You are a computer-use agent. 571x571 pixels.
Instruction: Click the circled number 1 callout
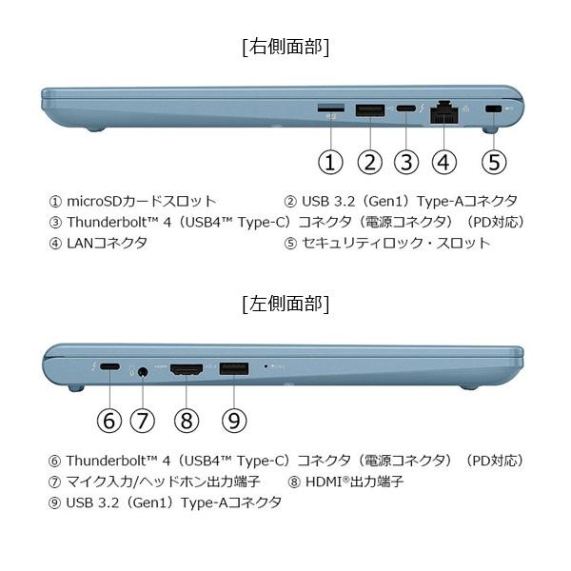click(x=330, y=162)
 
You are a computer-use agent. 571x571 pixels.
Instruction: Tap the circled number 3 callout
click(x=406, y=162)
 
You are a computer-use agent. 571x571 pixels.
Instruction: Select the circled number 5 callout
click(x=493, y=162)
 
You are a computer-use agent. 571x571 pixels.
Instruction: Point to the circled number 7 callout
click(x=143, y=420)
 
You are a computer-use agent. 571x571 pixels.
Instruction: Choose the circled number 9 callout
click(x=233, y=420)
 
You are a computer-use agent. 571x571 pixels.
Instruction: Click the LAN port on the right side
click(x=443, y=111)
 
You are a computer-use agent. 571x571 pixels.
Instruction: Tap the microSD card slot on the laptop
click(x=330, y=107)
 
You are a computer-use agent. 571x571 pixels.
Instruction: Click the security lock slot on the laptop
click(x=492, y=110)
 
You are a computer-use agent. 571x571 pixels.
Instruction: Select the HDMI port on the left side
click(x=187, y=368)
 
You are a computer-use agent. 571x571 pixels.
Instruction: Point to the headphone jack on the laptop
click(x=144, y=371)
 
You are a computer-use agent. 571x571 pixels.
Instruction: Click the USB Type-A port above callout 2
click(x=370, y=110)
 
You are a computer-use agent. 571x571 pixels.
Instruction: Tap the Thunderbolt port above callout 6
click(x=109, y=368)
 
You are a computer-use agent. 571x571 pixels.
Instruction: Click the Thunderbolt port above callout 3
click(x=406, y=110)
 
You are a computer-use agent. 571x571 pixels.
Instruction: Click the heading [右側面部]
click(x=285, y=45)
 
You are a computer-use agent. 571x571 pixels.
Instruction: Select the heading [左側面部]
click(x=285, y=304)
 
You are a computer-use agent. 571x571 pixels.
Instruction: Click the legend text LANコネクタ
click(x=98, y=243)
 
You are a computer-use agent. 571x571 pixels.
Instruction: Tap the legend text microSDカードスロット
click(x=133, y=201)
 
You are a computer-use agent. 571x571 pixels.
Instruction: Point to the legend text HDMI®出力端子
click(x=345, y=482)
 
